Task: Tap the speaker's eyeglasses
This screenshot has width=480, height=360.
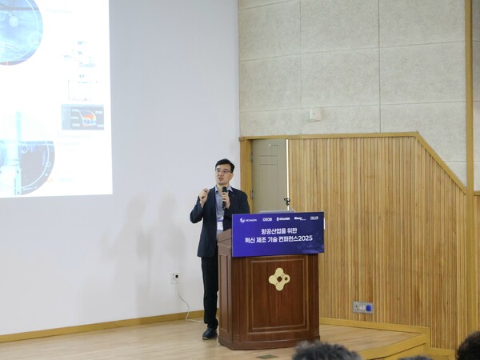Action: click(x=223, y=170)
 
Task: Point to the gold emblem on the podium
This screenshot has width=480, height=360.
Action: click(x=278, y=278)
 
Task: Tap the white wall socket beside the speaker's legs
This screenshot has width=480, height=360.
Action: click(x=175, y=278)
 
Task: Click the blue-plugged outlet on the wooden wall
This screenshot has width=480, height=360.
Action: click(x=362, y=306)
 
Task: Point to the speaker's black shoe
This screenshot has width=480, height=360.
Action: click(x=210, y=333)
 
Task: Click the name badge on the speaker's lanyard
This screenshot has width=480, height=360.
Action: click(x=219, y=225)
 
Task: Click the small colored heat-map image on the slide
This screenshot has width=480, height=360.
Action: click(x=82, y=118)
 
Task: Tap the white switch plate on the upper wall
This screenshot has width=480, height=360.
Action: click(x=315, y=114)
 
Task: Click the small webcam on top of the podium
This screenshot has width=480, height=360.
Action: click(x=286, y=203)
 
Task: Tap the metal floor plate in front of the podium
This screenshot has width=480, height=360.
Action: click(x=266, y=355)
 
